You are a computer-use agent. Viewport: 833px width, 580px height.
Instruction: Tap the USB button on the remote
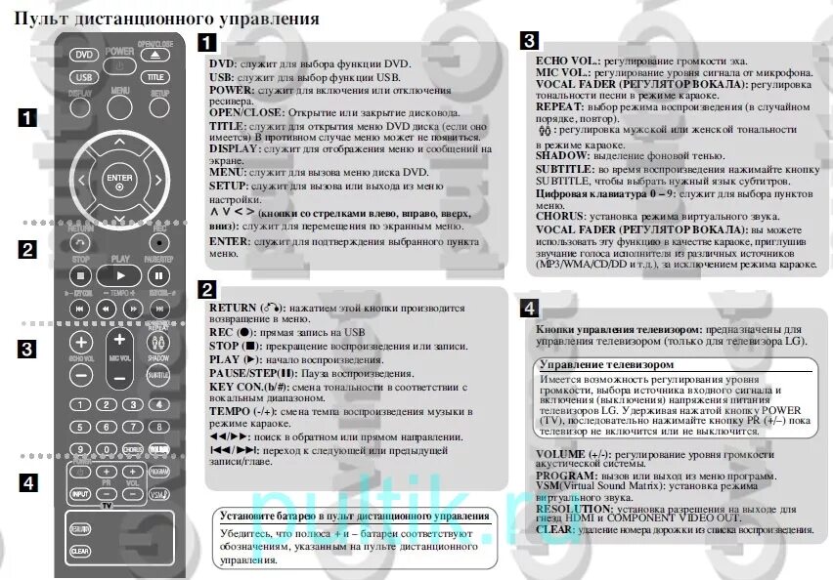pos(84,76)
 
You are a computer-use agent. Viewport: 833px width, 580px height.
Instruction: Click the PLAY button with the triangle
pos(119,276)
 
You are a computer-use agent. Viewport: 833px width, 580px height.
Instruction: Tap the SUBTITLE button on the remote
pos(157,375)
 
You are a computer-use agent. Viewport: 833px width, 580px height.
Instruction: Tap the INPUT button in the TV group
pos(79,496)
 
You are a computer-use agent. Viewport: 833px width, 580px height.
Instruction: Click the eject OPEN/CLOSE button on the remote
pos(154,54)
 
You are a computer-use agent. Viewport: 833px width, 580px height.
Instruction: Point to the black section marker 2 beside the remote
pos(27,249)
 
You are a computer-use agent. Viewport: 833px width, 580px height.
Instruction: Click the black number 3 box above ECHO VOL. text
pos(528,41)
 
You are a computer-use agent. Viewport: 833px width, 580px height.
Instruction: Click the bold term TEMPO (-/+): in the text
pos(241,412)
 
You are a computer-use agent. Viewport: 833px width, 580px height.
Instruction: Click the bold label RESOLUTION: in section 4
pos(577,508)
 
